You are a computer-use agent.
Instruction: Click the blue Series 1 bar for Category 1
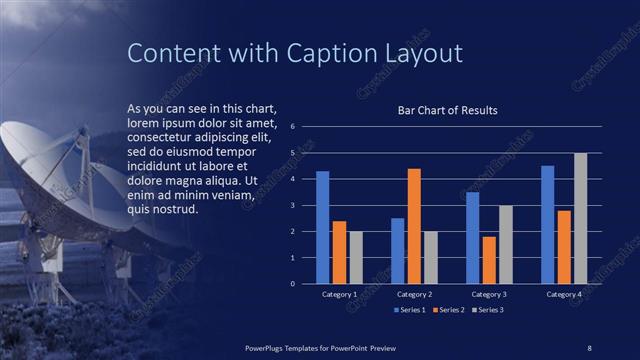[323, 228]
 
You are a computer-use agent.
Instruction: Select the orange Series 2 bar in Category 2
[414, 227]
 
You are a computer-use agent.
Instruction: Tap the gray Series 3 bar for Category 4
[580, 219]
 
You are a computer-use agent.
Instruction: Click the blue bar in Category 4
[547, 225]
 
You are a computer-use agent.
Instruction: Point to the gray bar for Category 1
[356, 258]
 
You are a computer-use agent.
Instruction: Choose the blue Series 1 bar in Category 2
[398, 251]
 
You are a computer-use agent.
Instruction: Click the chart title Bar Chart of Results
[448, 110]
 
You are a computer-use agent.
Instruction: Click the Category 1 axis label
[340, 295]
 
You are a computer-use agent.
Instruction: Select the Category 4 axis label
[564, 295]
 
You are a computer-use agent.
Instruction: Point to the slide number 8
[589, 347]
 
